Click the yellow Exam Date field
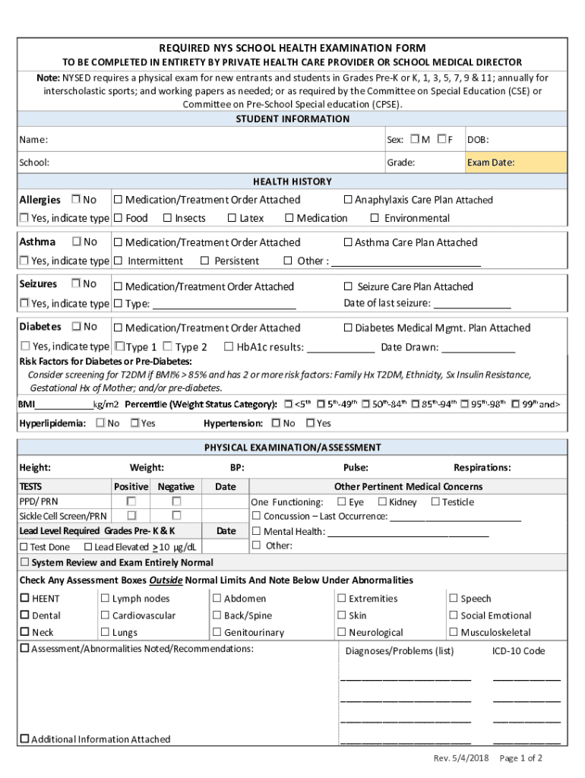(x=516, y=163)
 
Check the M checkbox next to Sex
(x=414, y=139)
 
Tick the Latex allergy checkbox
(x=232, y=218)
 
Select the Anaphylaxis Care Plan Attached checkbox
(x=348, y=200)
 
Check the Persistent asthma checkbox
(x=205, y=261)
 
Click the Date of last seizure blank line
(x=472, y=304)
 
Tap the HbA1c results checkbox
(x=229, y=347)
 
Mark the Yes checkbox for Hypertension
(x=310, y=423)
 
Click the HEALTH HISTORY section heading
(x=292, y=182)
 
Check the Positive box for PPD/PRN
(x=131, y=501)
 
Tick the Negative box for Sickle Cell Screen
(x=176, y=516)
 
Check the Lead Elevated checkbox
(x=88, y=547)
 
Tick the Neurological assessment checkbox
(x=342, y=632)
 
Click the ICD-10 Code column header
(x=518, y=651)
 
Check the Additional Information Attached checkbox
(x=24, y=738)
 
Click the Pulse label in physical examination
(x=356, y=468)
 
